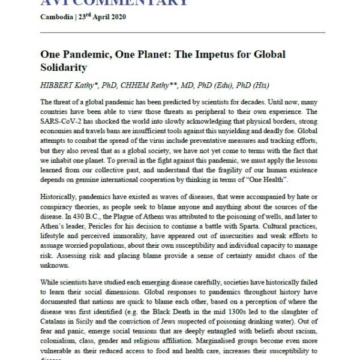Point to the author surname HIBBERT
point(58,85)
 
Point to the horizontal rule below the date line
point(183,32)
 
